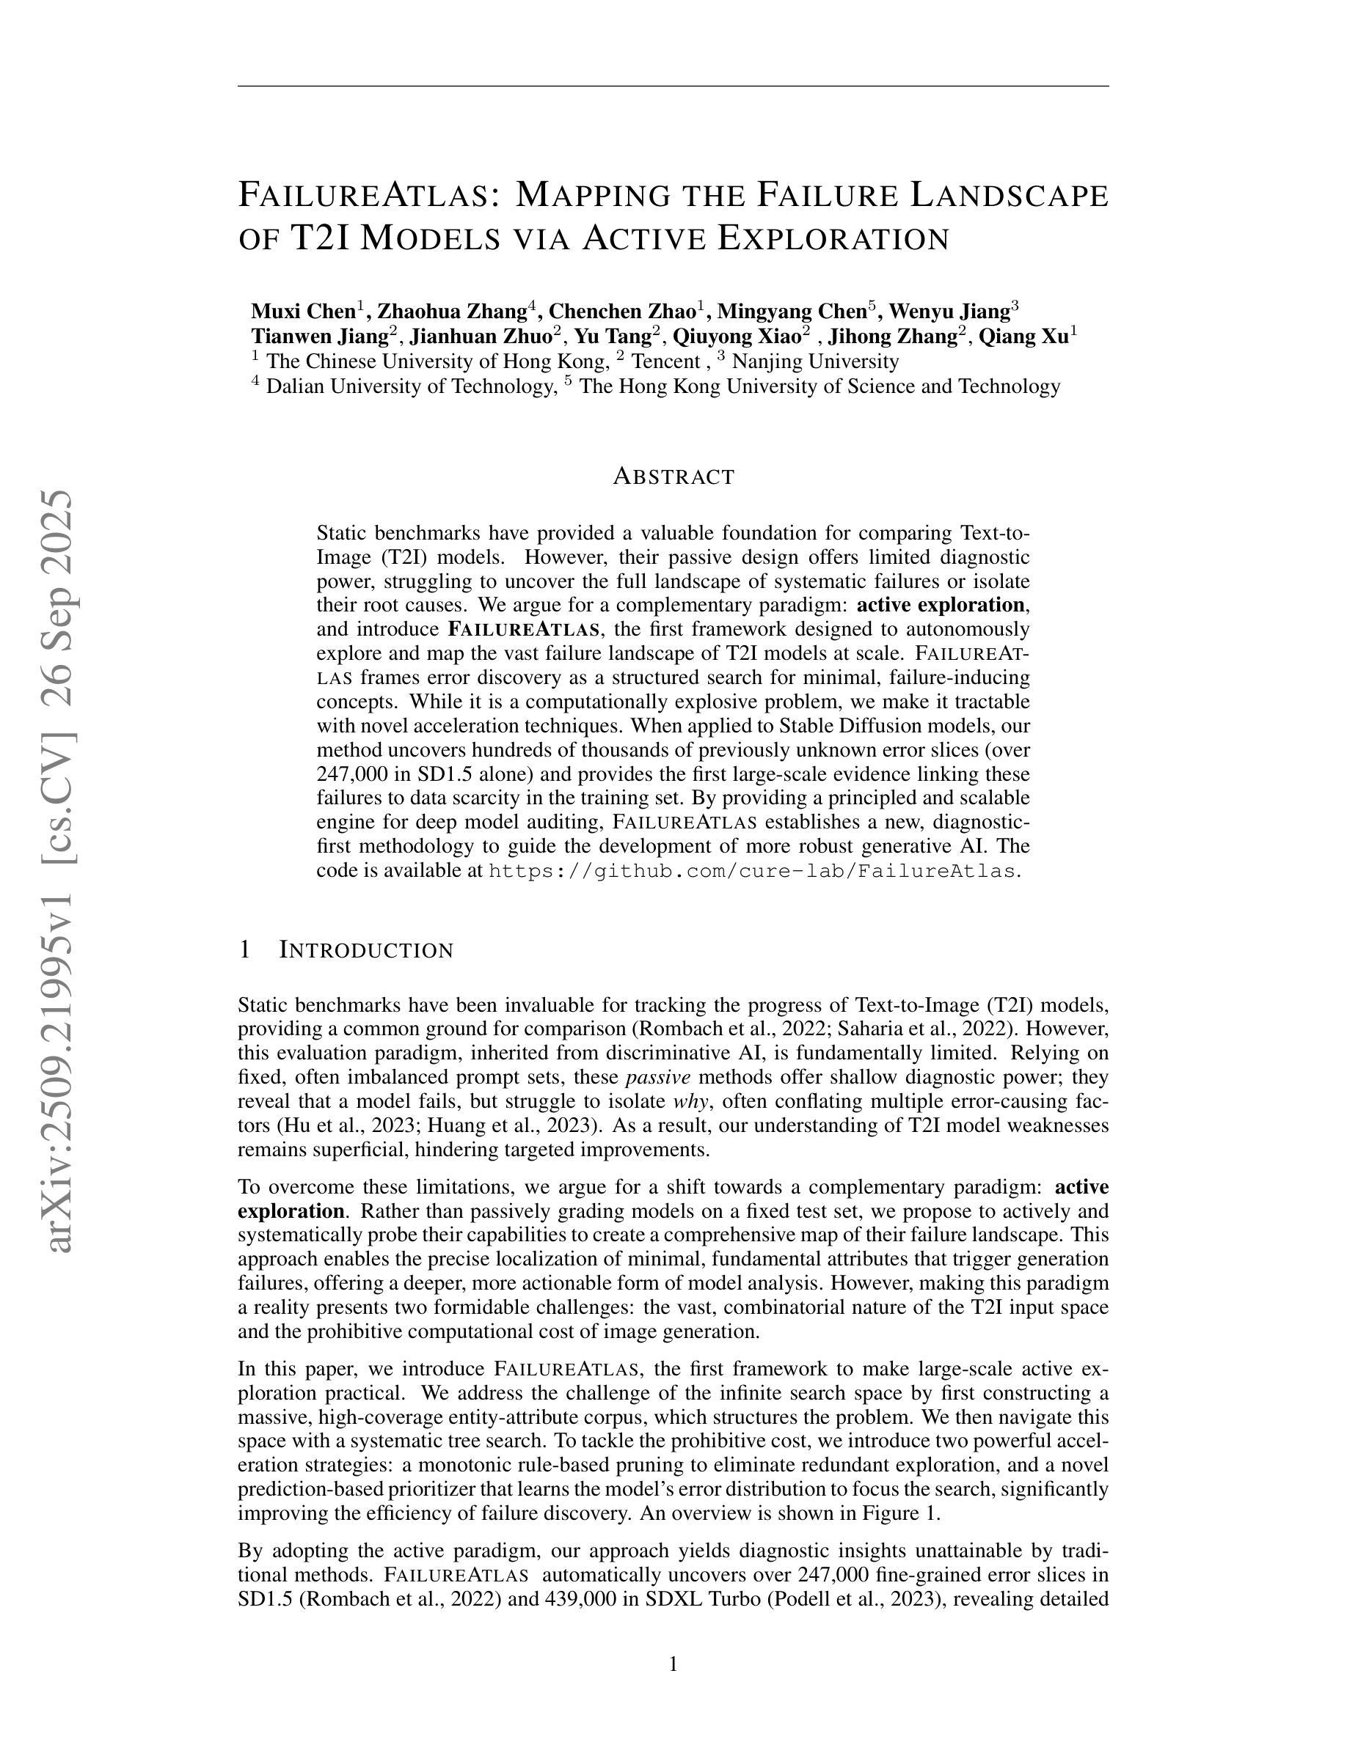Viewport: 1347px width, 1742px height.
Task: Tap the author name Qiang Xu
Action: point(1023,336)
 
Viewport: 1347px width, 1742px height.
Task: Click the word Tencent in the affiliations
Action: point(665,361)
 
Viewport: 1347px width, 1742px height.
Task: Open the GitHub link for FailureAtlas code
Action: point(753,870)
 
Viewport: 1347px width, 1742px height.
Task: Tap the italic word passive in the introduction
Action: point(657,1078)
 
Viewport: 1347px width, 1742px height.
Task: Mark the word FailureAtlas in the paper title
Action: point(370,196)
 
